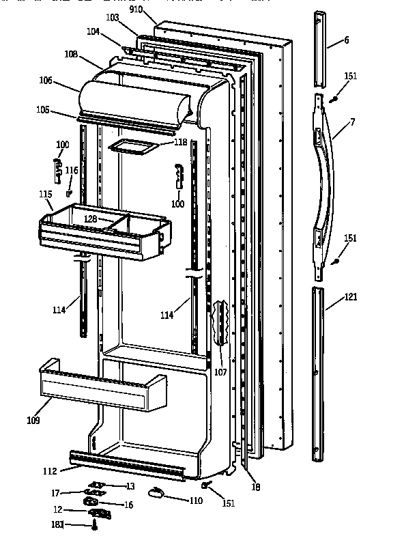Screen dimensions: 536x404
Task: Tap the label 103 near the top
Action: pyautogui.click(x=112, y=16)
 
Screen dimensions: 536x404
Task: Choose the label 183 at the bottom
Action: pyautogui.click(x=59, y=524)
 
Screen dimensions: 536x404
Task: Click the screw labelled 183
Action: pyautogui.click(x=93, y=525)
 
